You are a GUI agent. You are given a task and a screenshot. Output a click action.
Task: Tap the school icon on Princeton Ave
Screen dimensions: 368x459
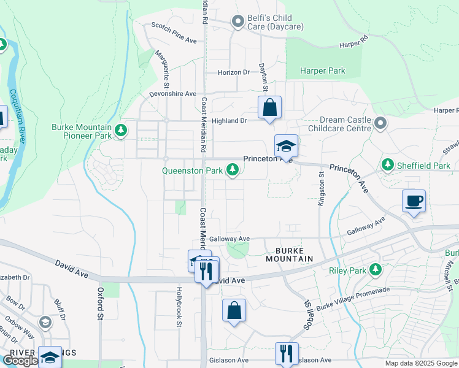click(286, 146)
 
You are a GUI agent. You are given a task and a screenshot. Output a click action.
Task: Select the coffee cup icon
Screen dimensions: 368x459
click(414, 201)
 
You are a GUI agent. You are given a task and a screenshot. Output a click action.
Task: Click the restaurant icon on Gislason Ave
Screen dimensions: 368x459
click(287, 353)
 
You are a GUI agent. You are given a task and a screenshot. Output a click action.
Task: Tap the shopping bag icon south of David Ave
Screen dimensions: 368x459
click(234, 310)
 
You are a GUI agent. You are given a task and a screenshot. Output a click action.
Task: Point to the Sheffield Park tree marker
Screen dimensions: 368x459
click(388, 165)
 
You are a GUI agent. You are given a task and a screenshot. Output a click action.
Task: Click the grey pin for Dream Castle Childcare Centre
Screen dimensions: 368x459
click(380, 124)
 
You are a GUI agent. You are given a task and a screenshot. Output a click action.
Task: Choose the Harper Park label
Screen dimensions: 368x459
click(322, 71)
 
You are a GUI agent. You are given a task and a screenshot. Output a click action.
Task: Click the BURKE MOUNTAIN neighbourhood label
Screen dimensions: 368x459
click(290, 255)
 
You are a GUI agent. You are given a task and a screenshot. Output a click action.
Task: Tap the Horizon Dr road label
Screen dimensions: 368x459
click(234, 72)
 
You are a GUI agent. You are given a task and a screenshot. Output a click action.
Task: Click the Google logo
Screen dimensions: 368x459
click(20, 361)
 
